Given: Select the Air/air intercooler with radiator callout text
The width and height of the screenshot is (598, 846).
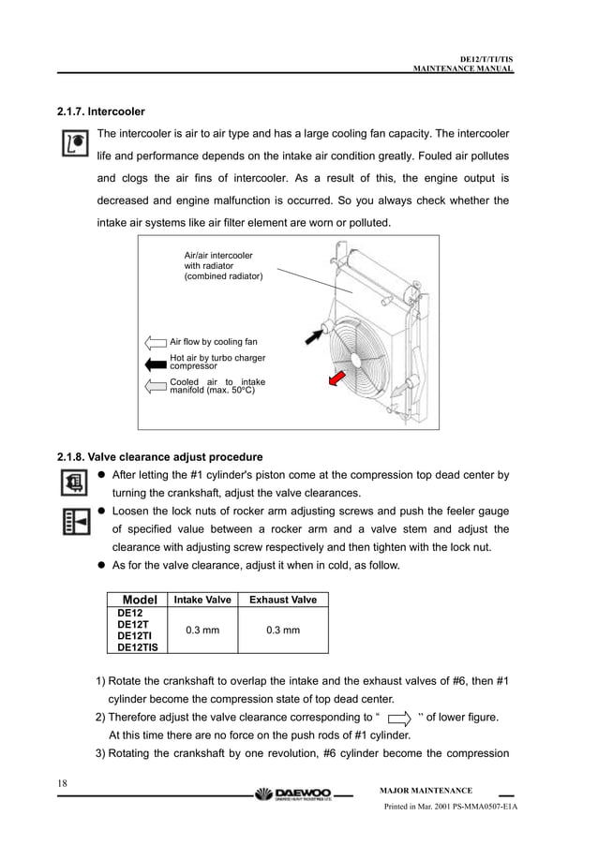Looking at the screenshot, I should click(223, 266).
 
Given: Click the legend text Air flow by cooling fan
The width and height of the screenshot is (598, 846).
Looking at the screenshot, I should click(213, 342).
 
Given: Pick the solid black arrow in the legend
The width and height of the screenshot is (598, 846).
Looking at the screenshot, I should click(156, 362).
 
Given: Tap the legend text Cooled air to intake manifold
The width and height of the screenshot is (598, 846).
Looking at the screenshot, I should click(217, 386).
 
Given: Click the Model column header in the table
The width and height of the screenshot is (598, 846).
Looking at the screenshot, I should click(133, 600).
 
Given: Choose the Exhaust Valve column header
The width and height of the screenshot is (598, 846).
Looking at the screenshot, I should click(282, 600).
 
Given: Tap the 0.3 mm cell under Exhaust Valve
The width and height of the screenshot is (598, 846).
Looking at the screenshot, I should click(282, 631).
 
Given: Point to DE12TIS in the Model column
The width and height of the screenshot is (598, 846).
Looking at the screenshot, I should click(137, 646).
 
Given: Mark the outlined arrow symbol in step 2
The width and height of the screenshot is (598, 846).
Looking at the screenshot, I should click(398, 719).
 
